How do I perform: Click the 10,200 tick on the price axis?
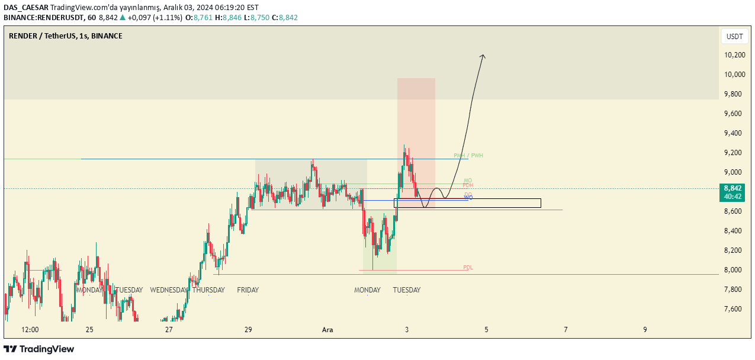[735, 55]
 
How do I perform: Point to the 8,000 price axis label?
[735, 270]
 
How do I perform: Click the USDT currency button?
[734, 37]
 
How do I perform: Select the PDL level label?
[468, 268]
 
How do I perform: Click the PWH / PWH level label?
[468, 156]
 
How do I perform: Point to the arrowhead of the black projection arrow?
[483, 56]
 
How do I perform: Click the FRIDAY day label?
[248, 290]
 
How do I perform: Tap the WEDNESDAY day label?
[169, 290]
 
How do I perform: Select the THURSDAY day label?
[208, 290]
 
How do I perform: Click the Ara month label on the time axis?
[327, 330]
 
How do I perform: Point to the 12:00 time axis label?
[30, 330]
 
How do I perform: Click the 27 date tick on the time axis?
[169, 330]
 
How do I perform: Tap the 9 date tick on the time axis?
[645, 330]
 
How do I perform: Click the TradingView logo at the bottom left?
[39, 349]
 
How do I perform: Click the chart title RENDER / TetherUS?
[42, 36]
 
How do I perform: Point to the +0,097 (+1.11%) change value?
[151, 18]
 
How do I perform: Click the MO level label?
[468, 181]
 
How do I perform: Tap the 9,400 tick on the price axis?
[735, 133]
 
